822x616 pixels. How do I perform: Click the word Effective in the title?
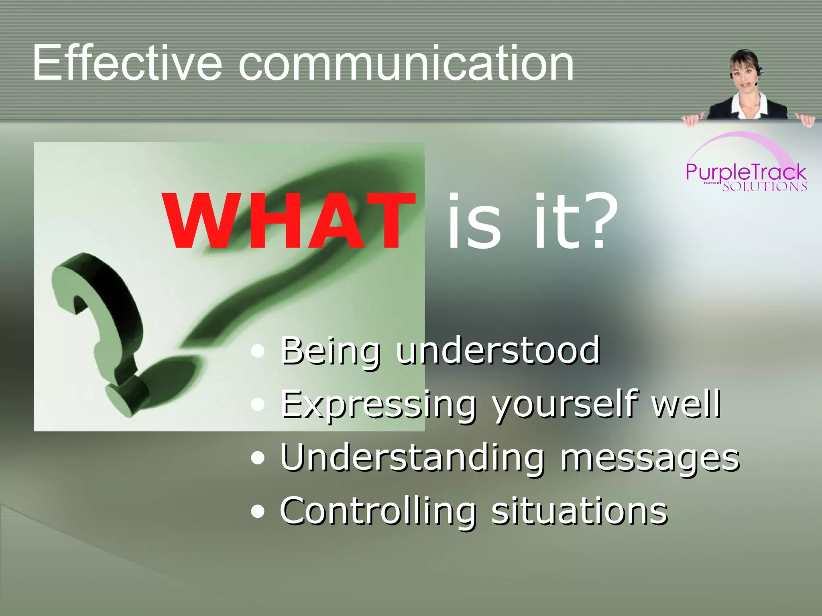127,63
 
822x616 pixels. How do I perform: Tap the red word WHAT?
288,221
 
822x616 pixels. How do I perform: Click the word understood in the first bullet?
498,351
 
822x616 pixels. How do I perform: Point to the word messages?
649,458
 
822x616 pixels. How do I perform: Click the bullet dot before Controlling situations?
258,512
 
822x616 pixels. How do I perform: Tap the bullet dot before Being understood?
258,351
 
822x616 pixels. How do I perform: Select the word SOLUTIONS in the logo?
765,187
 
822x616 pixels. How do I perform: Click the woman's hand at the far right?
805,120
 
